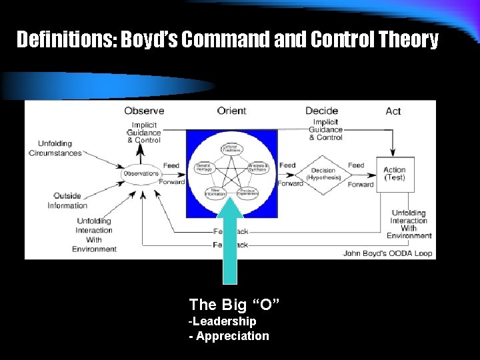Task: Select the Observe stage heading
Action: [144, 111]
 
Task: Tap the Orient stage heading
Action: [231, 111]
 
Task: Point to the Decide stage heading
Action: [321, 111]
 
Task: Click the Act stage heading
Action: [393, 111]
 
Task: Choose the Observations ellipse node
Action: [141, 173]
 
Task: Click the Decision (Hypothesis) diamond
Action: [323, 174]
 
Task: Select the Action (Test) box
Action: [395, 174]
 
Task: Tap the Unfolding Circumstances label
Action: [55, 148]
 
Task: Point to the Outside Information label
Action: [67, 201]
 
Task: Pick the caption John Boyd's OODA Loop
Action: [387, 253]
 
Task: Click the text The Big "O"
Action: [234, 305]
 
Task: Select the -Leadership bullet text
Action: [223, 321]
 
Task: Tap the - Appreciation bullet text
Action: [229, 336]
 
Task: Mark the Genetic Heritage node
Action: [204, 168]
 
